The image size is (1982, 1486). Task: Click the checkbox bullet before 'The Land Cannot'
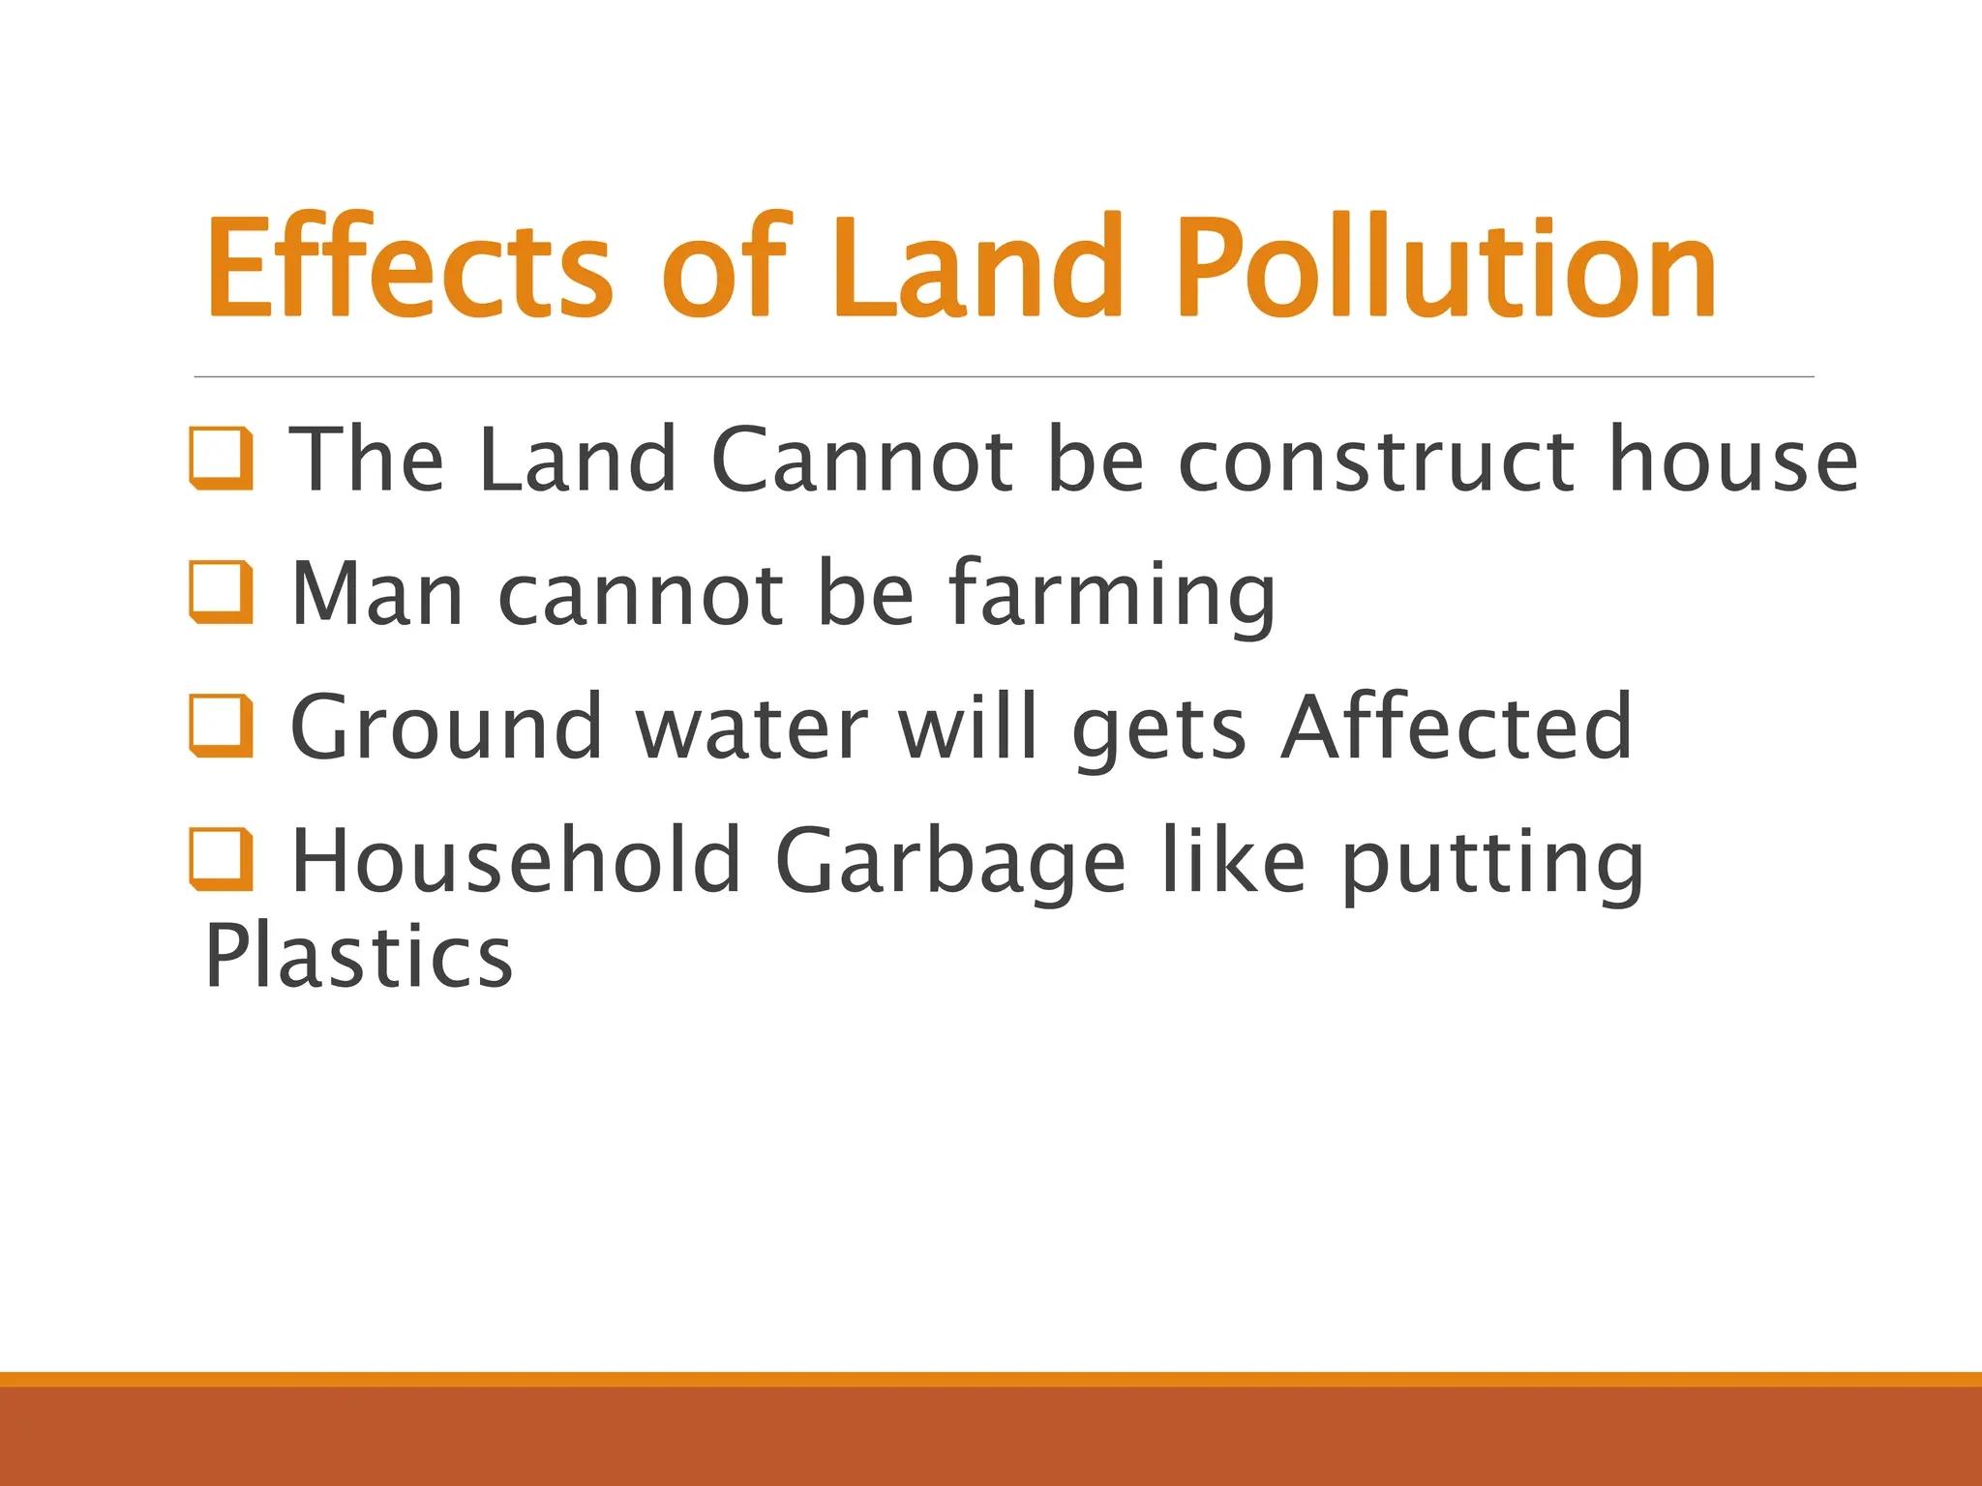(x=222, y=458)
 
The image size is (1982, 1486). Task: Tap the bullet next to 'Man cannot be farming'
(x=222, y=592)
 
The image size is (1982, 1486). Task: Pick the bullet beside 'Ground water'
(x=222, y=726)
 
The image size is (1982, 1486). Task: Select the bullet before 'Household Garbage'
(x=222, y=859)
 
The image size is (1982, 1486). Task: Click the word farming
(x=1112, y=595)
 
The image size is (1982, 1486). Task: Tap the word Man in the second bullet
(x=377, y=593)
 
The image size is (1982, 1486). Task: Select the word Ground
(x=446, y=727)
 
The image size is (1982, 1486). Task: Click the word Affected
(x=1456, y=727)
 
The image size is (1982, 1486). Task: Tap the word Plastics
(x=359, y=955)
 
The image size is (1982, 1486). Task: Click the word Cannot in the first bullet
(x=862, y=460)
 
